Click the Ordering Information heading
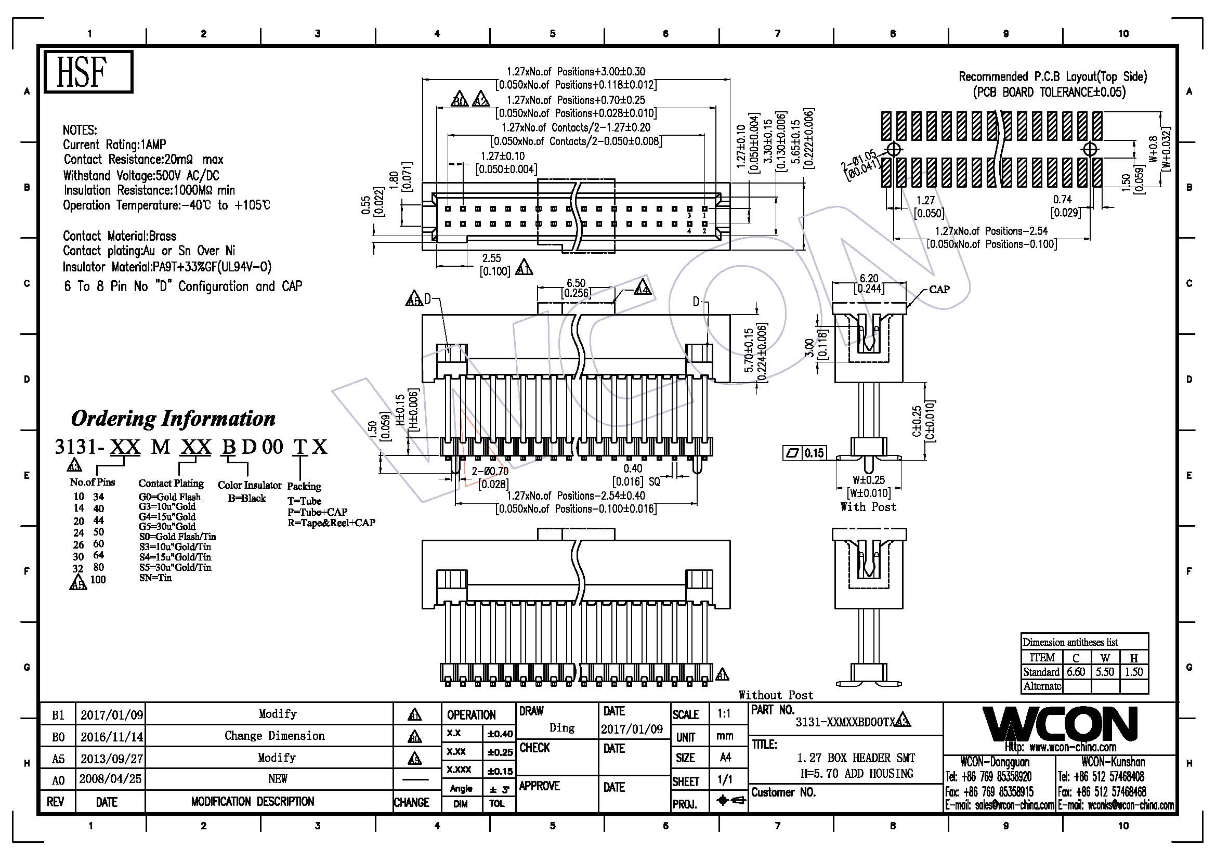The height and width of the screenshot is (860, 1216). (173, 419)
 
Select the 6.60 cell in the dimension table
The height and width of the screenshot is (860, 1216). (1076, 672)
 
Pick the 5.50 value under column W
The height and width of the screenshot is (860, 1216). (1105, 672)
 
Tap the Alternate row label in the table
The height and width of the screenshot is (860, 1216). (1042, 686)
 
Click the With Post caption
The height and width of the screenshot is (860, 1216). (869, 507)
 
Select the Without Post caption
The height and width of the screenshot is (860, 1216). (776, 695)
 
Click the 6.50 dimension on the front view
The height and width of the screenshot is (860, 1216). (576, 283)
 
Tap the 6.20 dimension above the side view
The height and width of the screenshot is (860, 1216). (869, 278)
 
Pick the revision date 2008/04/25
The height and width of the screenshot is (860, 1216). (111, 779)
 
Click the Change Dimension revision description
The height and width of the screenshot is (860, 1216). (274, 736)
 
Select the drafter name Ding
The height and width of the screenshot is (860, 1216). (562, 727)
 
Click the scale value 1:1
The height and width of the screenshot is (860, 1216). (725, 714)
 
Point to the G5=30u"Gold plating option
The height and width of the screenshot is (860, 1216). (167, 526)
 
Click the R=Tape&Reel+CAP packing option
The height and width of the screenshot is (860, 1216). (332, 523)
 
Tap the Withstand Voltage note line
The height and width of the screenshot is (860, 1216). (141, 175)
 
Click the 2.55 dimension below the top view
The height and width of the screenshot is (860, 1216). (491, 258)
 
